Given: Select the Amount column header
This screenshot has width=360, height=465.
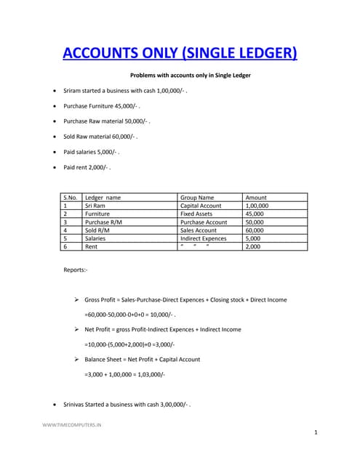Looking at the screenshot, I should click(x=257, y=197).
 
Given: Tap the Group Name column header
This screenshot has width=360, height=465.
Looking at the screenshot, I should click(x=197, y=197).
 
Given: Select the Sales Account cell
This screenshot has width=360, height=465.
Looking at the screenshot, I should click(x=199, y=230).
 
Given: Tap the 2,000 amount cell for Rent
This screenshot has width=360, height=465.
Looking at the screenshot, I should click(x=252, y=246).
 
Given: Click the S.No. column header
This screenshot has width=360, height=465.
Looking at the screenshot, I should click(x=71, y=197).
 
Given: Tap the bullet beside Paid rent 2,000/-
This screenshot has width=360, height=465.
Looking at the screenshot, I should click(x=56, y=167).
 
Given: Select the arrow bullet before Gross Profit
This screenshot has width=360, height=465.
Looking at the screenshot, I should click(x=76, y=299).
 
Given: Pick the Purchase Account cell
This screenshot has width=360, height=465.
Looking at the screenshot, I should click(x=204, y=222).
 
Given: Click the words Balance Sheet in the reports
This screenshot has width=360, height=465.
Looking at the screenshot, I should click(x=103, y=359).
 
